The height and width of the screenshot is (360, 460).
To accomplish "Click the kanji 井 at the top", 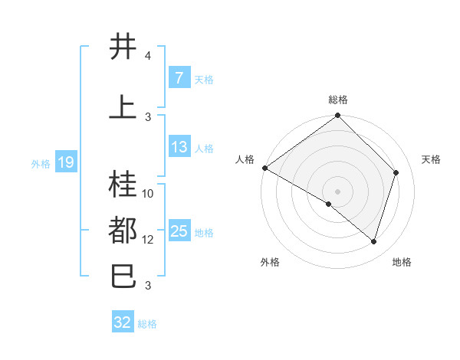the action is tap(123, 46).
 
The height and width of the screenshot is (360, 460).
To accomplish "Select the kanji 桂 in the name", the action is tap(123, 184).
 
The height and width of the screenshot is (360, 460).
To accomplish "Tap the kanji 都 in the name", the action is tap(123, 230).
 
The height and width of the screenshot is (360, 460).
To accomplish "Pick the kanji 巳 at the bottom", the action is tap(123, 276).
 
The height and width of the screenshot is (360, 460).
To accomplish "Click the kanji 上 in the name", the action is tap(123, 106).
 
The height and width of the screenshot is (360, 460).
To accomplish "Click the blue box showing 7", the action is tap(179, 77).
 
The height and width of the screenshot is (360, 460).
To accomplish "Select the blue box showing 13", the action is tap(179, 146).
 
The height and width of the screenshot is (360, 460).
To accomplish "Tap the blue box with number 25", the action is tap(179, 230).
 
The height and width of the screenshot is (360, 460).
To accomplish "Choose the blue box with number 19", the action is tap(66, 162).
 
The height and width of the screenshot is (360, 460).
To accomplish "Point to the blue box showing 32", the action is tap(123, 321).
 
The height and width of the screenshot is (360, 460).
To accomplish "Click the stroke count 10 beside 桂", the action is tap(147, 194).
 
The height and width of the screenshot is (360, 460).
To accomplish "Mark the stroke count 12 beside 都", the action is tap(147, 240).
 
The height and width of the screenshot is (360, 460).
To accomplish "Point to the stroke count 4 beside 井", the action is tap(147, 55).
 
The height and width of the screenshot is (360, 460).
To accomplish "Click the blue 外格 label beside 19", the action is tap(41, 164).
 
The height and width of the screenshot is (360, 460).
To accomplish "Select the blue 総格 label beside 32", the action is tap(147, 324).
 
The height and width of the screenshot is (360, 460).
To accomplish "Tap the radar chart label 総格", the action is tap(338, 100).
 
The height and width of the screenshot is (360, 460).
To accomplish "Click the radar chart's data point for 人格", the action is tap(265, 168).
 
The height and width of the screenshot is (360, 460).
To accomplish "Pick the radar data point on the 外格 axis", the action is tap(329, 204).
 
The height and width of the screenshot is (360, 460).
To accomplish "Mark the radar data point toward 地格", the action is tap(373, 242).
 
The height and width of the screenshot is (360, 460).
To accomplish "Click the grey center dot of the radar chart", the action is tap(337, 191).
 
